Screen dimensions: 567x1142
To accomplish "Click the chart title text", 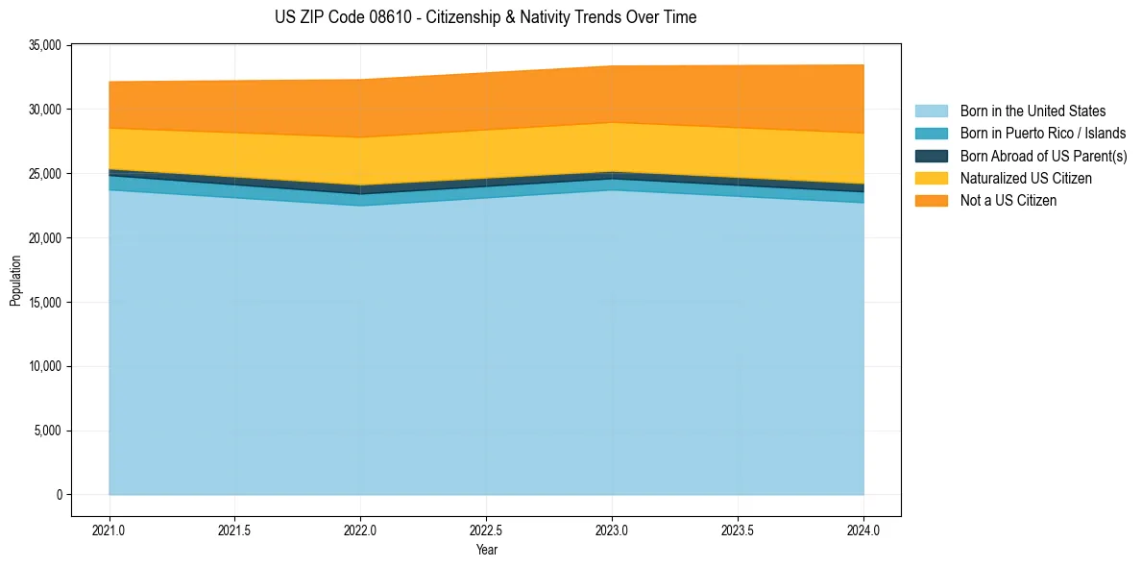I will click(x=485, y=17).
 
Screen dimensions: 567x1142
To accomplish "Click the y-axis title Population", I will click(x=15, y=280).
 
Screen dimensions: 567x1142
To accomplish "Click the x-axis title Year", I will click(x=486, y=550).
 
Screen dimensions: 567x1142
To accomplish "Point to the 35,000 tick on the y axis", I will click(x=44, y=45).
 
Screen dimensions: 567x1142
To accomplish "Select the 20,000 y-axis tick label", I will click(x=44, y=238).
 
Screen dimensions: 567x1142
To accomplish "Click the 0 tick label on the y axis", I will click(x=59, y=495).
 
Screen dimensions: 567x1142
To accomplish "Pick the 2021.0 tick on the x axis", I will click(x=109, y=530).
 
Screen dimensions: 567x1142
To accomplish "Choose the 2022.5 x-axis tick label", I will click(x=486, y=530).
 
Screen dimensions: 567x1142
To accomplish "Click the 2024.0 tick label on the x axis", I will click(x=863, y=530).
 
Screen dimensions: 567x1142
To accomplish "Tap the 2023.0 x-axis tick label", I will click(x=612, y=530).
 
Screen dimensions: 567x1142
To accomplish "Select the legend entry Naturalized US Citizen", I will click(x=1026, y=179).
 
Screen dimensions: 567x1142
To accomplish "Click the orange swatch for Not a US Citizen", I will click(x=931, y=201).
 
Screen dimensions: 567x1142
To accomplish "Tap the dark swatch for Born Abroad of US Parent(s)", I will click(x=931, y=156).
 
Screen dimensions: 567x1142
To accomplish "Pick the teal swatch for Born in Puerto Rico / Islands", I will click(x=931, y=134).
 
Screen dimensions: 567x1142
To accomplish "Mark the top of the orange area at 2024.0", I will click(x=863, y=65).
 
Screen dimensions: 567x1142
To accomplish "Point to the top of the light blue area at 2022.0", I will click(x=360, y=206).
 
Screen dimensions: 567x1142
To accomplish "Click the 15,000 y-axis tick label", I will click(x=44, y=303).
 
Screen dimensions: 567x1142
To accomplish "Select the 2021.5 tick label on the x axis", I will click(x=235, y=530).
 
